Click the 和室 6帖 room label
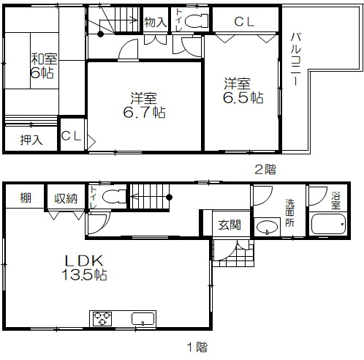(x=43, y=66)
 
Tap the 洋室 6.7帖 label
(x=144, y=105)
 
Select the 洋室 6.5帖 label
(x=243, y=91)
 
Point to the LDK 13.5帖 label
(x=84, y=268)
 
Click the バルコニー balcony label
(x=296, y=59)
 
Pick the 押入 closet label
(x=31, y=140)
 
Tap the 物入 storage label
(x=156, y=22)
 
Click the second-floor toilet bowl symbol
(x=196, y=20)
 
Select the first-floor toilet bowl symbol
(x=114, y=197)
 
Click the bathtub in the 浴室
(x=329, y=224)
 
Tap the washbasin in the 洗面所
(x=268, y=228)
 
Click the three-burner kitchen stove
(x=102, y=318)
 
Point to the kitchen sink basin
(x=143, y=318)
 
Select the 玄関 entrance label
(x=230, y=225)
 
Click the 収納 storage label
(x=66, y=198)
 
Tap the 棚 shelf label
(x=26, y=198)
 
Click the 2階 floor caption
(x=265, y=169)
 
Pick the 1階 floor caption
(x=197, y=347)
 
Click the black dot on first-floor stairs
(x=170, y=197)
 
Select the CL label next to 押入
(x=71, y=136)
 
